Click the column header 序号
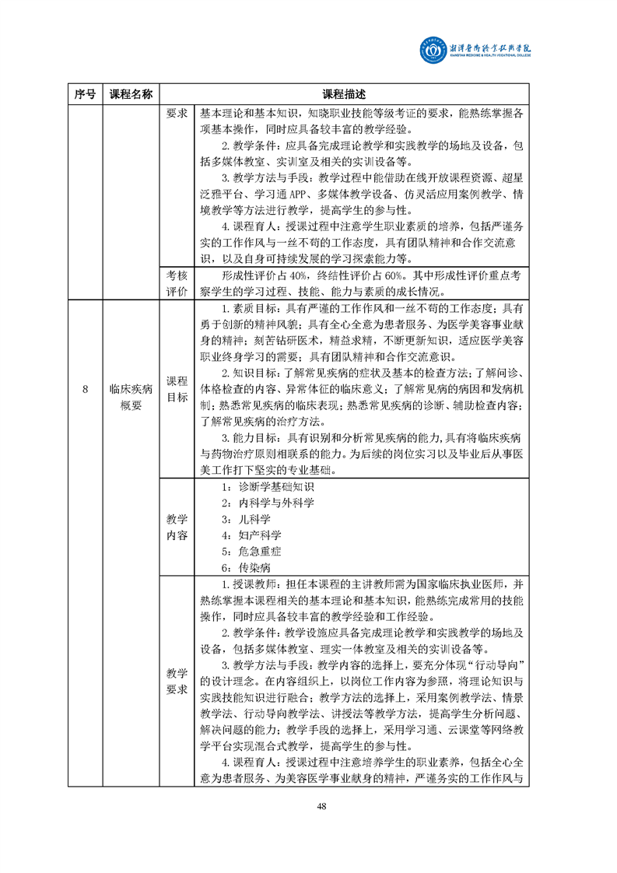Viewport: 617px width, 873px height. (85, 94)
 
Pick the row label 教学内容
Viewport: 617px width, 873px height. (177, 527)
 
